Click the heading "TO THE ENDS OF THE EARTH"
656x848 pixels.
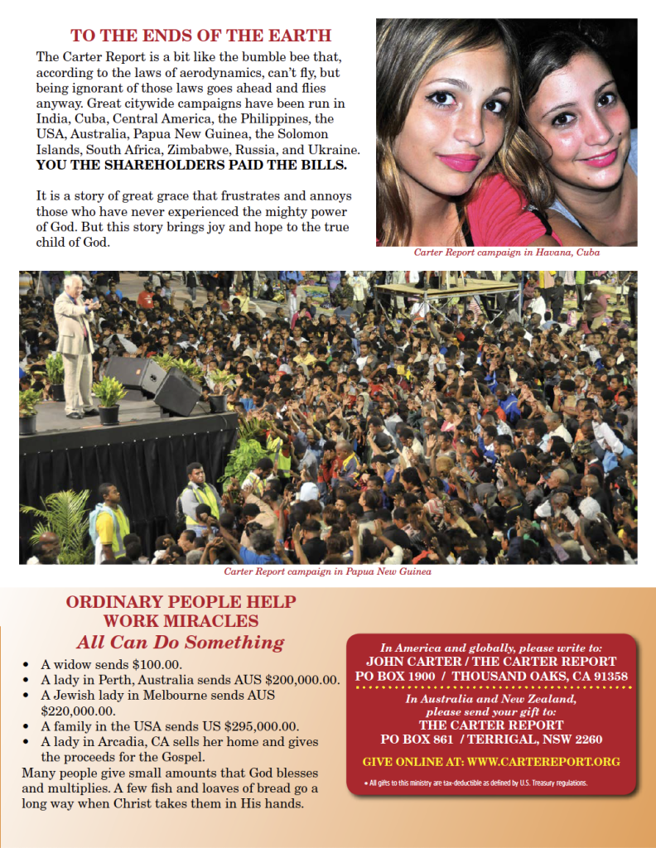[x=200, y=36]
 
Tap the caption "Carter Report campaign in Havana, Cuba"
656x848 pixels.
[x=506, y=253]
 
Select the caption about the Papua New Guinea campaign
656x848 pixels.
[x=328, y=571]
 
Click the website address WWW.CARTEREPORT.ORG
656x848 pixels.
[x=543, y=762]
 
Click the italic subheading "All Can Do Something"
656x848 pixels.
[x=180, y=643]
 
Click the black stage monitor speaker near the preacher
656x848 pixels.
[x=177, y=393]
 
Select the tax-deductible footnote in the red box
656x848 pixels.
[x=476, y=783]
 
